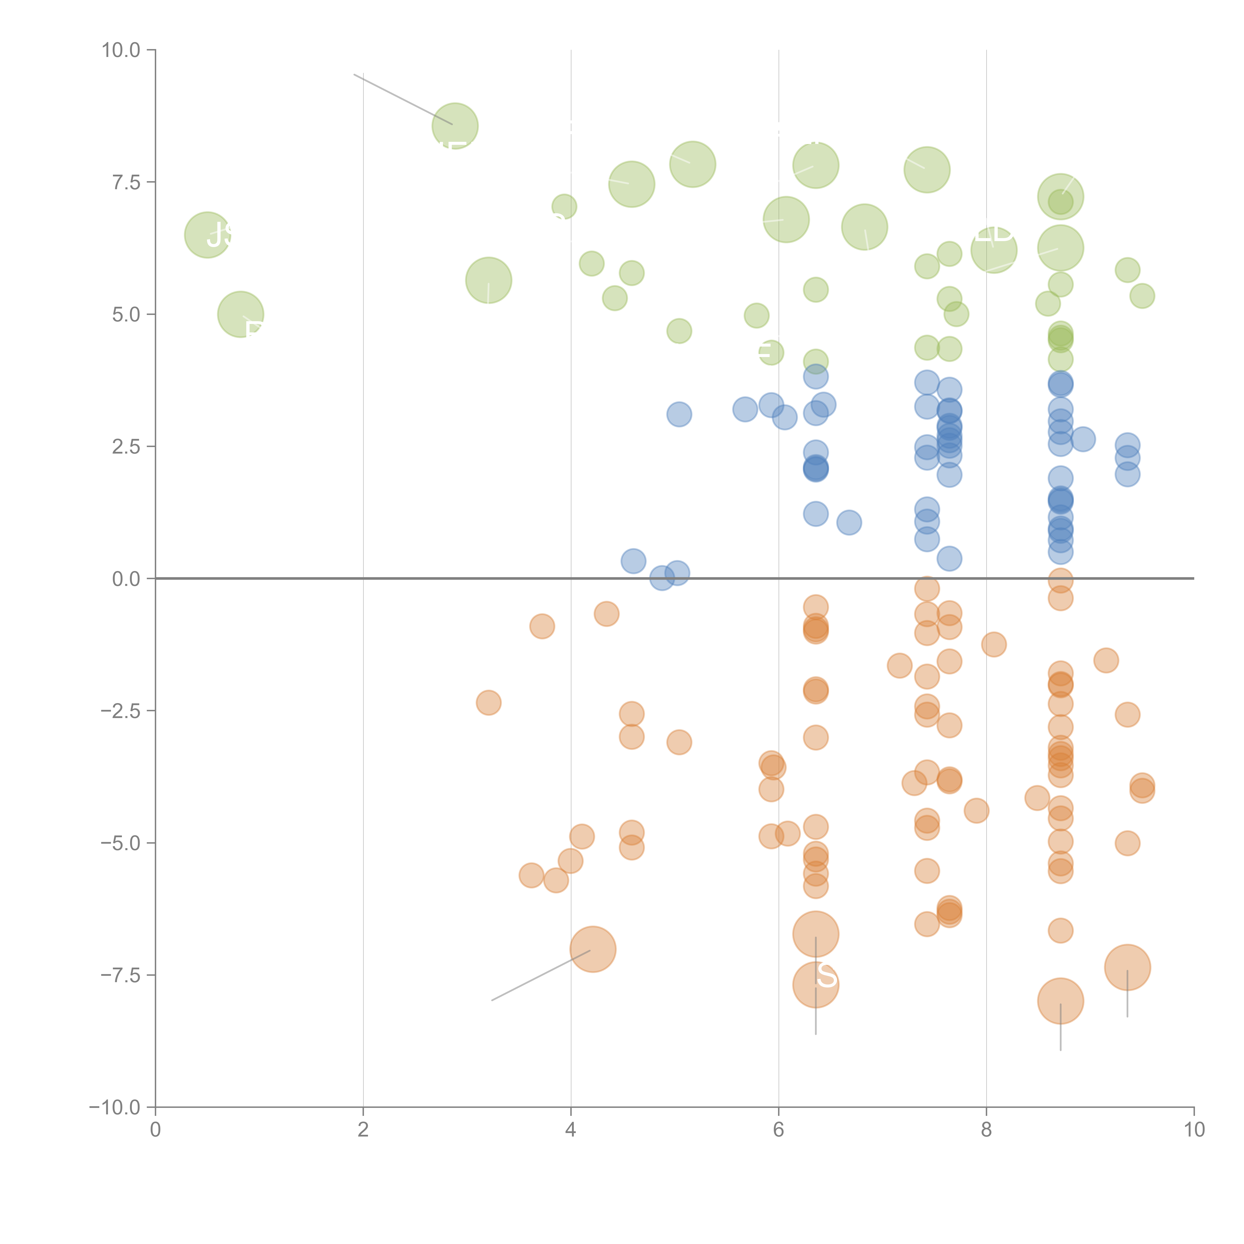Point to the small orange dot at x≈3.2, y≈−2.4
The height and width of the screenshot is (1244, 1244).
489,702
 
